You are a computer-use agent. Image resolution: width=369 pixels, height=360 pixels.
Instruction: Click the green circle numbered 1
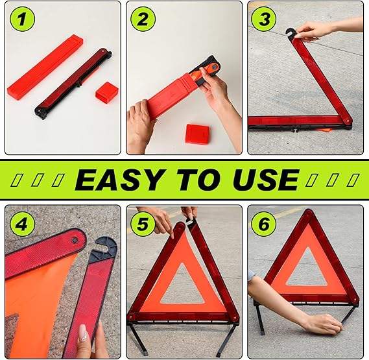pos(22,19)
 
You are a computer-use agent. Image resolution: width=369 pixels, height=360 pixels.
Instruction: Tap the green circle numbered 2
pos(143,19)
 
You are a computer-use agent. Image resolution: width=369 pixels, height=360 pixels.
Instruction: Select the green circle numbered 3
pos(264,19)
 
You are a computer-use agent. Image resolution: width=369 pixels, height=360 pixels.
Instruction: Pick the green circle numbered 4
pos(22,224)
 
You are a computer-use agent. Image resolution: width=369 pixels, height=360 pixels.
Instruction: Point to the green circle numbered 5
pos(143,224)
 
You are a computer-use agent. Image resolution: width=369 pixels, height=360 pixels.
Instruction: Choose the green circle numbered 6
pos(264,224)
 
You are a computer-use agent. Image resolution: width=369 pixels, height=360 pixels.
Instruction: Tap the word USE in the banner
pos(265,180)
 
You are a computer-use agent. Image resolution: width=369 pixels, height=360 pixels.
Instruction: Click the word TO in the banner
pos(198,180)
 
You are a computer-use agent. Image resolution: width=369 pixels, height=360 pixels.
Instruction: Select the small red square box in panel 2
pos(197,134)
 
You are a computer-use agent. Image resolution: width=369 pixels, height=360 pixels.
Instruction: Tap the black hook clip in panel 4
pos(104,248)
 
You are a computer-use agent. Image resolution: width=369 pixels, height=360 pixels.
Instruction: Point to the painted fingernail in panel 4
pos(83,333)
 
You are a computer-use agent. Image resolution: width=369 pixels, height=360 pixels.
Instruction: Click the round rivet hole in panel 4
pos(75,241)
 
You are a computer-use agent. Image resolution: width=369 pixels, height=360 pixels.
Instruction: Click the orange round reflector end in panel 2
pos(213,68)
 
